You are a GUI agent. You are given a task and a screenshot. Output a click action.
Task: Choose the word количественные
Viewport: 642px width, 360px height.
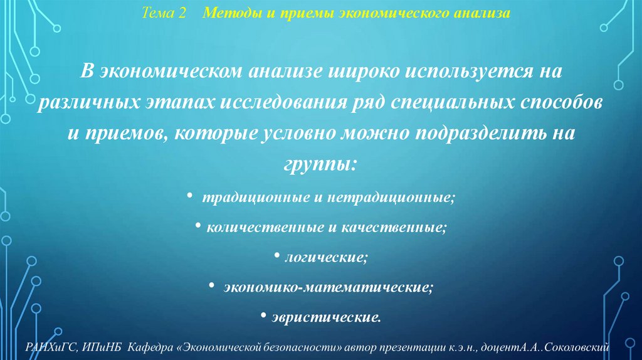pyautogui.click(x=264, y=226)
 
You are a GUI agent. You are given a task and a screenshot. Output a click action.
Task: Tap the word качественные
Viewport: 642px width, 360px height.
pyautogui.click(x=395, y=226)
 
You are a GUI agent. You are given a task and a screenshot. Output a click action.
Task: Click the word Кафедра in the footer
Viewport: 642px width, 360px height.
pyautogui.click(x=146, y=347)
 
